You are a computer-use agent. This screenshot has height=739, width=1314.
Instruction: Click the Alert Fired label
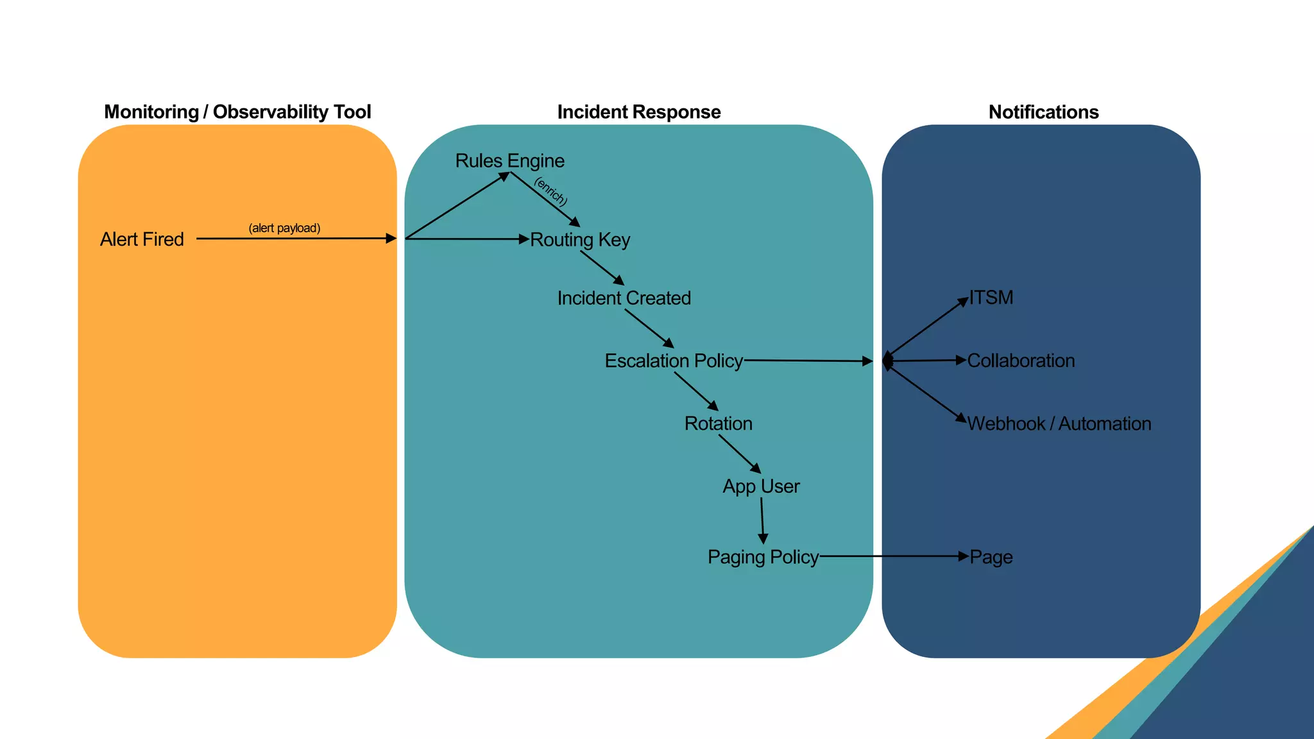[142, 239]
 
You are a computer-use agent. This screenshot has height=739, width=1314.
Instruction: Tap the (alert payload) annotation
[284, 228]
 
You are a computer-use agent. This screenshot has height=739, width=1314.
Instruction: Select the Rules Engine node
[509, 160]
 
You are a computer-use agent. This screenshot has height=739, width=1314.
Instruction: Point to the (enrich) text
[550, 191]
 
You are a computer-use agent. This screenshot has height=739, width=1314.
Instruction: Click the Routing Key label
[580, 239]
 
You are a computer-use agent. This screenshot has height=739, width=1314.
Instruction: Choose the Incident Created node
[624, 298]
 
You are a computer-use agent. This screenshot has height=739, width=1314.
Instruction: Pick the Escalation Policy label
[674, 361]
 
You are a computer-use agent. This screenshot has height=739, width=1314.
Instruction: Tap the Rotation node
[718, 423]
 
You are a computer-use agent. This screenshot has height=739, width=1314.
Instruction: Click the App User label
[761, 486]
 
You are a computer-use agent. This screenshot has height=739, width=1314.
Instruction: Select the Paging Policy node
[763, 557]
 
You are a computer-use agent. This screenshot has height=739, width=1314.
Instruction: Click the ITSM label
[991, 298]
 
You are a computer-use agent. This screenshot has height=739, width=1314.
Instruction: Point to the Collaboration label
[1021, 361]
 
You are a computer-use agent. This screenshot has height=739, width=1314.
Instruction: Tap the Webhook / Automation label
[1059, 423]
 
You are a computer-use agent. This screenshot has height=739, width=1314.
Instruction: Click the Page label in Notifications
[991, 557]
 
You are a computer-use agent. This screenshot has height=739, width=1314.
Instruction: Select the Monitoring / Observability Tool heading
[237, 112]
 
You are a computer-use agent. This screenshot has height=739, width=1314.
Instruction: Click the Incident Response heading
[639, 112]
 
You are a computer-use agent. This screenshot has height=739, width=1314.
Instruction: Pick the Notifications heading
[1043, 112]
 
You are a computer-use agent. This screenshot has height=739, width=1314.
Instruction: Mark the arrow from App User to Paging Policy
[762, 520]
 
